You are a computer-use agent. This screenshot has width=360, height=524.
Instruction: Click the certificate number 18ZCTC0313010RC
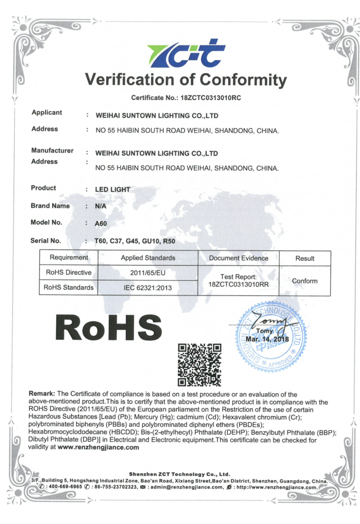coord(210,98)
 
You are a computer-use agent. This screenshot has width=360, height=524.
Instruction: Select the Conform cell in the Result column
coord(304,280)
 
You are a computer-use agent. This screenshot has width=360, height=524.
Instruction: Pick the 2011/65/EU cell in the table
coord(148,273)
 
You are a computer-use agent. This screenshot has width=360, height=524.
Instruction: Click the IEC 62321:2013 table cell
coord(148,288)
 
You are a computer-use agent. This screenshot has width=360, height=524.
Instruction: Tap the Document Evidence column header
coord(239,258)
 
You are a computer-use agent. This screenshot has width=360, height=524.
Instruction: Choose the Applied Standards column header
coord(148,258)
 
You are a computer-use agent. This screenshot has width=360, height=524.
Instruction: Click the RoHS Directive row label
coord(68,273)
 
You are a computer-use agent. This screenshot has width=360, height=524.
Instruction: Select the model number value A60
coord(101,224)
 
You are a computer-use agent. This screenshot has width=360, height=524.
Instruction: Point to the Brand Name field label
coord(51,206)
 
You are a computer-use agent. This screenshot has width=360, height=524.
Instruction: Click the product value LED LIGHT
coord(112,189)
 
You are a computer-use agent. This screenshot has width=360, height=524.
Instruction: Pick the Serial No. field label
coord(46,240)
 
